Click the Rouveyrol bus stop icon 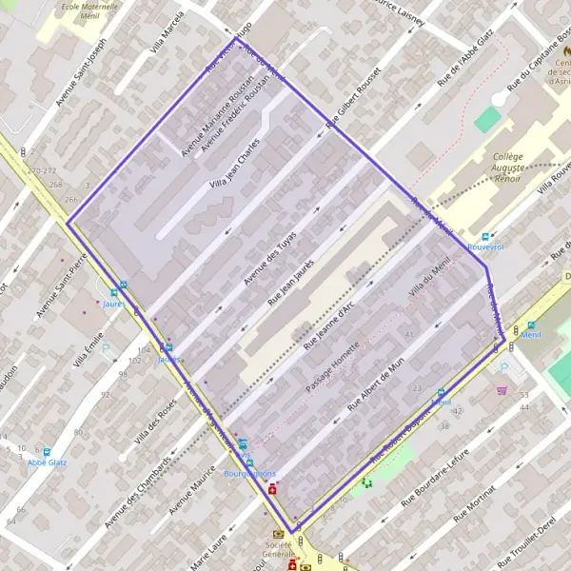point(485,237)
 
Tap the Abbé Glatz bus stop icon point(47,451)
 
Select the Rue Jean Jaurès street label point(291,283)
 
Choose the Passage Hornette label point(332,369)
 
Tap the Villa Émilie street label point(89,346)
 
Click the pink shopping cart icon point(502,389)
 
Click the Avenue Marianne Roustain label point(218,115)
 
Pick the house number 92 point(105,394)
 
